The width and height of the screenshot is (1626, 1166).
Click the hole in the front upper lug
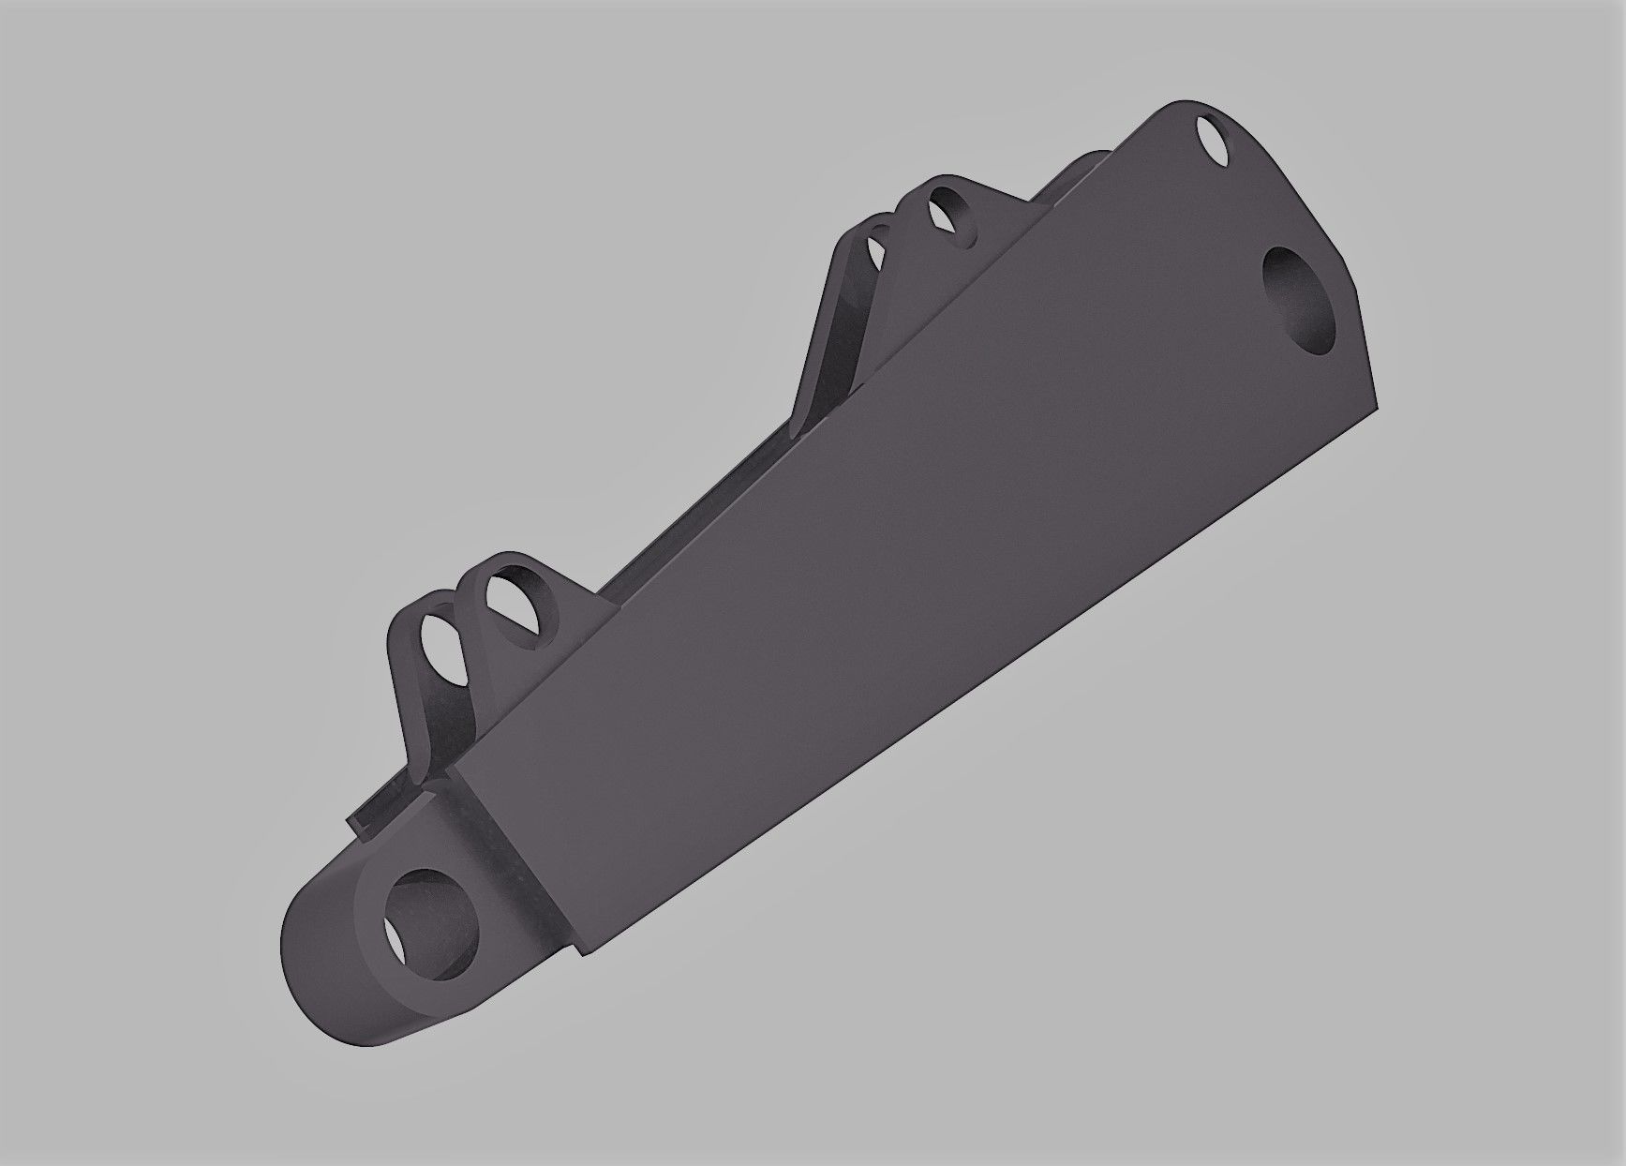951,214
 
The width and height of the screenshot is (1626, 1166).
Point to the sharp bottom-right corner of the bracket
1378,406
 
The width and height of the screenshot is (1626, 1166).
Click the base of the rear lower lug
417,750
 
